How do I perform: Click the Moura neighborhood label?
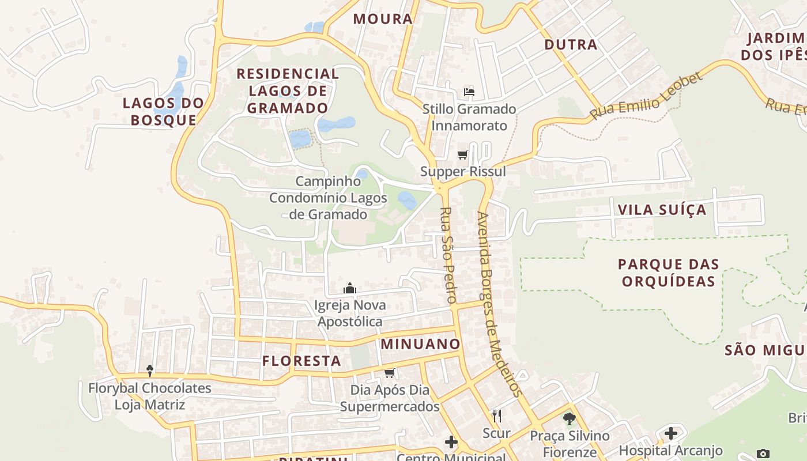(383, 19)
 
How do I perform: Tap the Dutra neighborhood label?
(571, 44)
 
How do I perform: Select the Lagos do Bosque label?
(164, 111)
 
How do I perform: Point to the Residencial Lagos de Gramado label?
(288, 90)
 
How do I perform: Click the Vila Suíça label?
(662, 210)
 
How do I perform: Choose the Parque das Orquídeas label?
(669, 273)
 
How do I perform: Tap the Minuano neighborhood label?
(421, 345)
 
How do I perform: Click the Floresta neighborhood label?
(301, 361)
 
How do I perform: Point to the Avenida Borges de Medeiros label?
(499, 304)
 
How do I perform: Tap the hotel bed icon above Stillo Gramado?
(469, 92)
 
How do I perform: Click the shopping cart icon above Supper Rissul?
(462, 154)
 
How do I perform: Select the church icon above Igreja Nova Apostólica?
(350, 288)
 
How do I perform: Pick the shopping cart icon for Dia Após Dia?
(390, 373)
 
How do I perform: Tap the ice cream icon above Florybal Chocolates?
(150, 371)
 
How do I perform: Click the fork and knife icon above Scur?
(496, 415)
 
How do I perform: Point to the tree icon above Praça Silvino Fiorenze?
(570, 418)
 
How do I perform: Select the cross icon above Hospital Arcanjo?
(671, 433)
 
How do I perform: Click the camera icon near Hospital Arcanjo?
(763, 454)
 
